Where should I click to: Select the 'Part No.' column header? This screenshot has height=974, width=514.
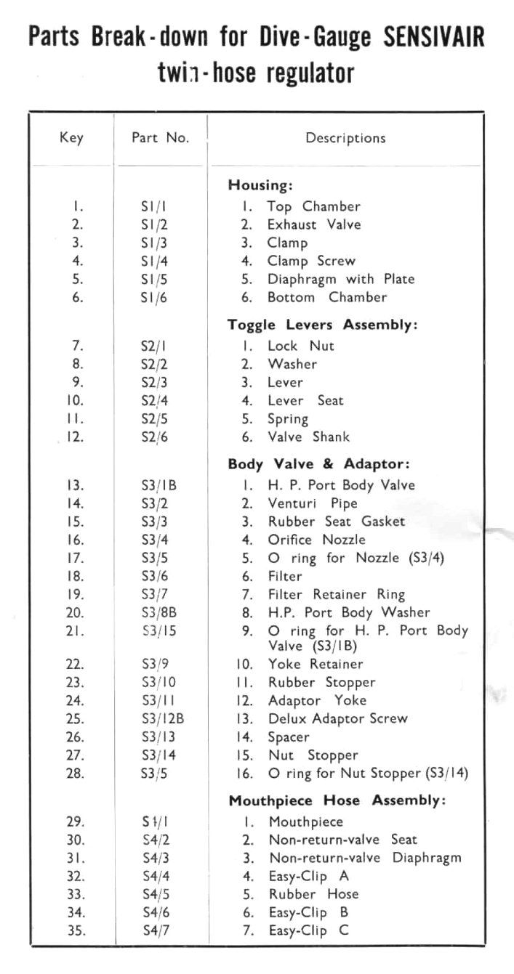(x=160, y=137)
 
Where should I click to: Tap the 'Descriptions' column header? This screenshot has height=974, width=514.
(x=345, y=137)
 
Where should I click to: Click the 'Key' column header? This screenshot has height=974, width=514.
(x=71, y=137)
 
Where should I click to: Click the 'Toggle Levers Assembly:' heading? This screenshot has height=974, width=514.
(x=323, y=325)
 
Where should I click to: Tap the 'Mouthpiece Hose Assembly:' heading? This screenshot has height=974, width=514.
(x=337, y=801)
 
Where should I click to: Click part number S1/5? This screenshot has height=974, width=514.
(x=154, y=279)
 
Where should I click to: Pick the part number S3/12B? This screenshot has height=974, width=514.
(x=159, y=719)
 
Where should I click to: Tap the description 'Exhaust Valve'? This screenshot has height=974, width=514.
(x=313, y=224)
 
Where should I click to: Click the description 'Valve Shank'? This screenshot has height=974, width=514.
(x=308, y=437)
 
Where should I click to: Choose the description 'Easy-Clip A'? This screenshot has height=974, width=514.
(x=308, y=876)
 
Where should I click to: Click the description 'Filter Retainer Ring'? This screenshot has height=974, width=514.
(x=336, y=594)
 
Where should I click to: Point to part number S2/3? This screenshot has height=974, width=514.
(x=154, y=382)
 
